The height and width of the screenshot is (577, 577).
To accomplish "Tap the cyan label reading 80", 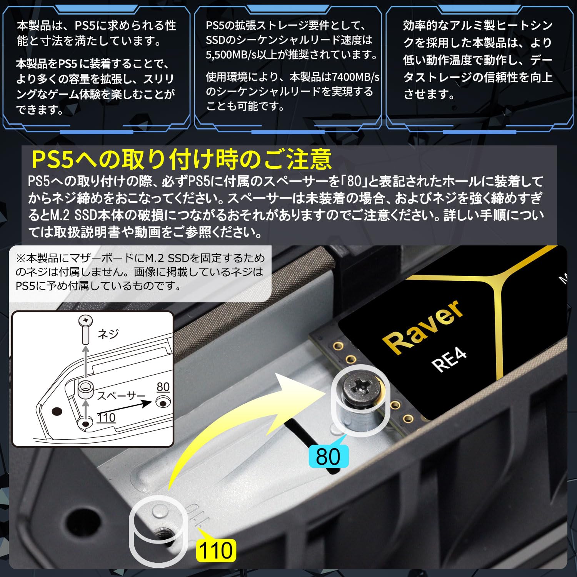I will coord(328,457).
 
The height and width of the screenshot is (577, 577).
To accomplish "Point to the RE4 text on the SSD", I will coord(449,360).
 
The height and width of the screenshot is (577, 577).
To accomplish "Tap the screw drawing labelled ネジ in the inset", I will coord(85,329).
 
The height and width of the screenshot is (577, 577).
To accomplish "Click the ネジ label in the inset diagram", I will coord(108,334).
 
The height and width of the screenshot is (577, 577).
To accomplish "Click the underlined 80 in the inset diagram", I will coord(163,387).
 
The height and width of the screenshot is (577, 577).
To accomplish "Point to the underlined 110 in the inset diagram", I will coord(106,418).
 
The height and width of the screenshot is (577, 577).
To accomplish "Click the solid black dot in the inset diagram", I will coord(57,411).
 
